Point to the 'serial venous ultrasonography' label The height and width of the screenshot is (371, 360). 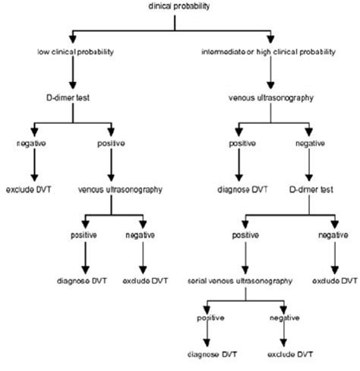242,281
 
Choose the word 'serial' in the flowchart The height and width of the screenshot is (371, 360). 201,281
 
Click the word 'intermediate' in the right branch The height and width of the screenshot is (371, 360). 220,52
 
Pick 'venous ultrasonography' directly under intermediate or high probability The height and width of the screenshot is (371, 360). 270,97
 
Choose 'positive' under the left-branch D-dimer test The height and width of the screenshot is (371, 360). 112,143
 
